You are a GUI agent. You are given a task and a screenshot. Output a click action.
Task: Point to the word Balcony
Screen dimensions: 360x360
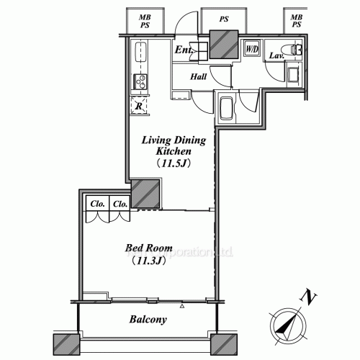(x=148, y=320)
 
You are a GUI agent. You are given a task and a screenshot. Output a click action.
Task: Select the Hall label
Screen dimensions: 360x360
(x=199, y=76)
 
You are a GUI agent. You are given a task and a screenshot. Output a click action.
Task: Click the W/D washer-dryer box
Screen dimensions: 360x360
(x=252, y=49)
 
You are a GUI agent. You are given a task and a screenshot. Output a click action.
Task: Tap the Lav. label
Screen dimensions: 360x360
(x=276, y=55)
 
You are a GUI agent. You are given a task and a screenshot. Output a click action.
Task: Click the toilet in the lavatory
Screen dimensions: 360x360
(x=295, y=50)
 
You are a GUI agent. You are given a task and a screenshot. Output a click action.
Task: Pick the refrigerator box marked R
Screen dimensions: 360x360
(x=138, y=107)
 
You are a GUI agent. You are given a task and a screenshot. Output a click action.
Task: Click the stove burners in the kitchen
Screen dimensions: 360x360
(x=139, y=82)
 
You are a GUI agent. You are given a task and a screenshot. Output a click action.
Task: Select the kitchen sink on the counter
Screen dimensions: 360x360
(x=140, y=53)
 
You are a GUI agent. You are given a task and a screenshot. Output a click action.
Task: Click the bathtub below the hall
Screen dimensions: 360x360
(x=226, y=109)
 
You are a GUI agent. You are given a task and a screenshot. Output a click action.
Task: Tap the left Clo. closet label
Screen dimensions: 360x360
(x=97, y=204)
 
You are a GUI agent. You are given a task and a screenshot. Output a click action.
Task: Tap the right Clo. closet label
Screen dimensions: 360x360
(x=120, y=204)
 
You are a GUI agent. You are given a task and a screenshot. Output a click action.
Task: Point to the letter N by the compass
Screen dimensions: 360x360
(x=307, y=296)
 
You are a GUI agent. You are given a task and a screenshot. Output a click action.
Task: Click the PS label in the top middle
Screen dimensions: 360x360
(x=223, y=20)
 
